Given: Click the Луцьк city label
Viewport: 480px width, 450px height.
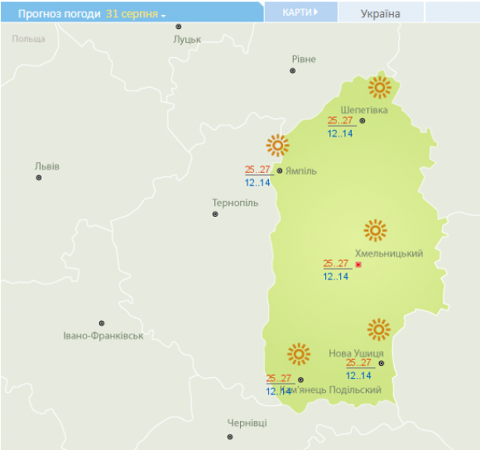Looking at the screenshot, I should pos(188,39).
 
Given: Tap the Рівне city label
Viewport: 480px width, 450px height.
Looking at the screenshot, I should pos(304,59).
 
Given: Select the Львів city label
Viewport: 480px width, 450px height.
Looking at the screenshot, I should pos(46,165).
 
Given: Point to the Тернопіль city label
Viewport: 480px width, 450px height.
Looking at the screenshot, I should pos(235,203).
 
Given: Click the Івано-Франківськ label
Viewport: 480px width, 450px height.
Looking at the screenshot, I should pos(103,335).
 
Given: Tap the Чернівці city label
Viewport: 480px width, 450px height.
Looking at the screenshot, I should pos(247,423).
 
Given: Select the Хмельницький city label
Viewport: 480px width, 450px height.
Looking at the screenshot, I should pos(389,253).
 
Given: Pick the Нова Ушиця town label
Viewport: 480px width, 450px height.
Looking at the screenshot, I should pos(356,353).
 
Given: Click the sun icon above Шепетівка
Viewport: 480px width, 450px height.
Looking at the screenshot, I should pos(379,87).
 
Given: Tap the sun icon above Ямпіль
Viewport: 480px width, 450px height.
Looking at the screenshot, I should pos(277,146).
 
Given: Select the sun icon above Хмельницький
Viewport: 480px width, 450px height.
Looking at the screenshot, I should pos(376,231).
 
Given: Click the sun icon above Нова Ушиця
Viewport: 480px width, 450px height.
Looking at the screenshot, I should pos(379,329).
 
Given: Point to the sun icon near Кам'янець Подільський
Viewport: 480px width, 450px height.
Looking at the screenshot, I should pos(298,355).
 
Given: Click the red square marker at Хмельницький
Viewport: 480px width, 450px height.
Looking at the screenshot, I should pos(358,265).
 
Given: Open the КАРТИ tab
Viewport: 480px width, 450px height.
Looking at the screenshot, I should pos(300,12).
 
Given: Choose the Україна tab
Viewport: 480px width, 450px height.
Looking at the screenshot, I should pos(381,14).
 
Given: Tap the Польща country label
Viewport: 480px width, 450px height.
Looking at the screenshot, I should pos(29,39).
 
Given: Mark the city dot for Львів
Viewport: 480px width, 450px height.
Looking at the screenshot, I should pos(38,178).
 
